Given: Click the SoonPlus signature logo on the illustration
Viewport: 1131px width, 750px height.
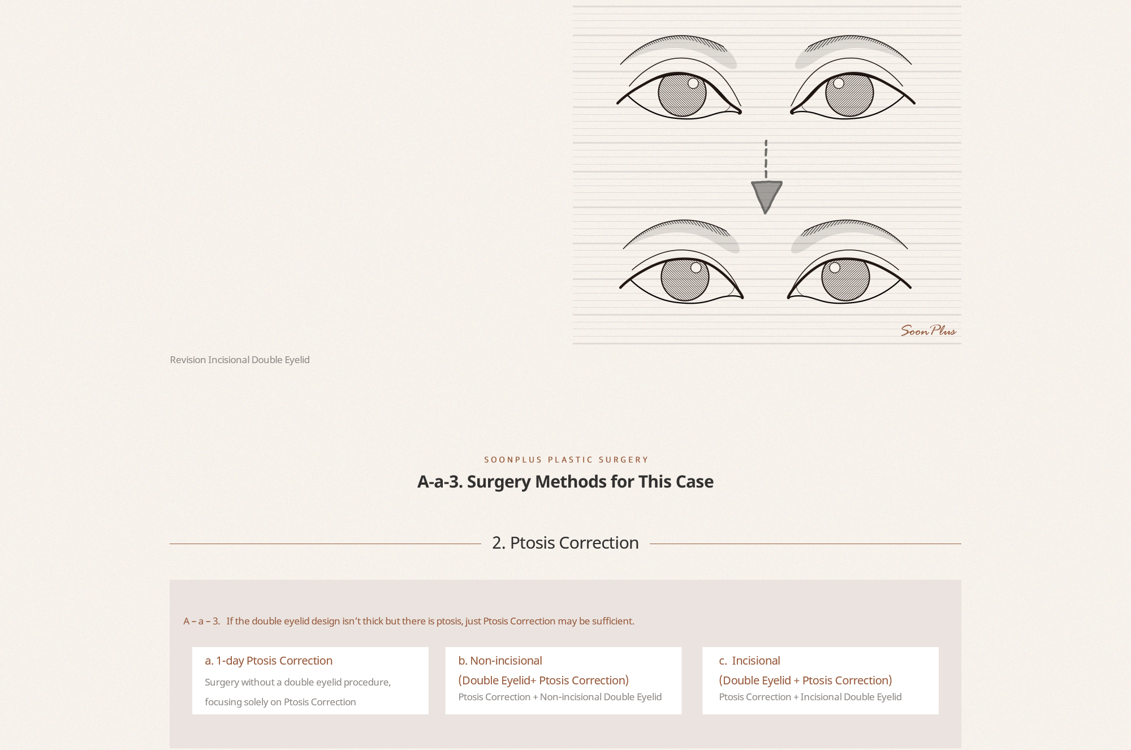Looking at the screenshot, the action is pyautogui.click(x=928, y=331).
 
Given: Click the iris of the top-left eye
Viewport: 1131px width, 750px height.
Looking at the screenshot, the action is pyautogui.click(x=682, y=94).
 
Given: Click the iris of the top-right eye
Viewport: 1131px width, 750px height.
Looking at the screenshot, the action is pyautogui.click(x=849, y=94).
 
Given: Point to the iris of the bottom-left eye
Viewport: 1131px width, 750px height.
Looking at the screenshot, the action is pyautogui.click(x=685, y=279).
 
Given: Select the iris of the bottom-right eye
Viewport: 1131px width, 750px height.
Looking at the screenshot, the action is pyautogui.click(x=845, y=279).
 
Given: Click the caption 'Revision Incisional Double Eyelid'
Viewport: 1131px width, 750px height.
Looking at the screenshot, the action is pyautogui.click(x=240, y=360).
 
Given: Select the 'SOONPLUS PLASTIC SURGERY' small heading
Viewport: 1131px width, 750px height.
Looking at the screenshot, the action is pyautogui.click(x=566, y=460).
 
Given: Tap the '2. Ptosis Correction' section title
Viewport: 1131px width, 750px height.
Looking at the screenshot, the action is pyautogui.click(x=565, y=542).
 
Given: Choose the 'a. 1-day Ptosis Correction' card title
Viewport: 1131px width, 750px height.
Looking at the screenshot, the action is pyautogui.click(x=269, y=661).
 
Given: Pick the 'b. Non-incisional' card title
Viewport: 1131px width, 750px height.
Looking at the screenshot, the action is pyautogui.click(x=500, y=661).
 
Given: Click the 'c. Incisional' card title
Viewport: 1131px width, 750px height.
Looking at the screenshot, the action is pyautogui.click(x=749, y=661).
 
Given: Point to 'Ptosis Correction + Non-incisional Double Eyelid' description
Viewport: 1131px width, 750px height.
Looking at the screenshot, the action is pyautogui.click(x=560, y=697).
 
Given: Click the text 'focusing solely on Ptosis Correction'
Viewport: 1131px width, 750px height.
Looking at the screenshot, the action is pyautogui.click(x=280, y=702).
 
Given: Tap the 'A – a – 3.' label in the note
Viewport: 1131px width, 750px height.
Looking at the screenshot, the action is pyautogui.click(x=201, y=621).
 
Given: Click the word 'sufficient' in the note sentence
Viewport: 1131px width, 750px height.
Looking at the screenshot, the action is pyautogui.click(x=612, y=621).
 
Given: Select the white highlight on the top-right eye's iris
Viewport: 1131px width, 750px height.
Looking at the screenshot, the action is pyautogui.click(x=839, y=83).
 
